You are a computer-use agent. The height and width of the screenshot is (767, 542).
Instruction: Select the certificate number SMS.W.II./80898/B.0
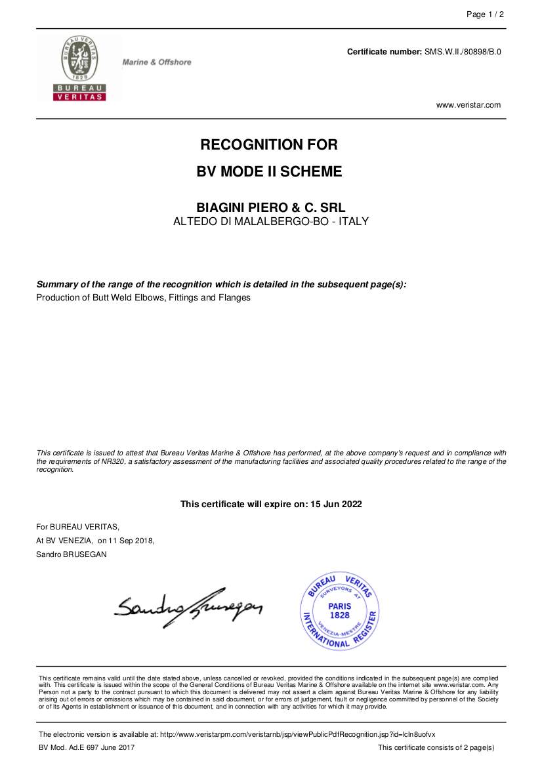463,51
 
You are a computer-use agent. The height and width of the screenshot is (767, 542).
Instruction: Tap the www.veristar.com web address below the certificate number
468,105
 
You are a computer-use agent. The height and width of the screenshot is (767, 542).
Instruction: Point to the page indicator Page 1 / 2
485,14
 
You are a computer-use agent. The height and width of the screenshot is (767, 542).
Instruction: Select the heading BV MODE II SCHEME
270,172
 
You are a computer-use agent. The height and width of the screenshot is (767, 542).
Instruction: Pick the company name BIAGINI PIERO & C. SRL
270,207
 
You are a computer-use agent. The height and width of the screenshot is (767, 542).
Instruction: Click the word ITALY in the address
354,221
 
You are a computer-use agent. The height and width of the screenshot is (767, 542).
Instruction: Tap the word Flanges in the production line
234,298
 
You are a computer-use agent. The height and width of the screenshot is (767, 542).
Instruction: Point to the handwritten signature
187,606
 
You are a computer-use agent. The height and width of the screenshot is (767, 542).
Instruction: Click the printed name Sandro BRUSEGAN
72,554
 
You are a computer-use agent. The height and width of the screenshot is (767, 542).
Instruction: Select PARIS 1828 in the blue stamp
340,611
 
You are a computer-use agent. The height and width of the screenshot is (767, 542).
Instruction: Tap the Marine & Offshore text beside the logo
157,62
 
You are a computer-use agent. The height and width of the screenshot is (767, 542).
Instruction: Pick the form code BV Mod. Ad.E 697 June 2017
87,748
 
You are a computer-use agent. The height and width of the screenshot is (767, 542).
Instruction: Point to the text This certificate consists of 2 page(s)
436,748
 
